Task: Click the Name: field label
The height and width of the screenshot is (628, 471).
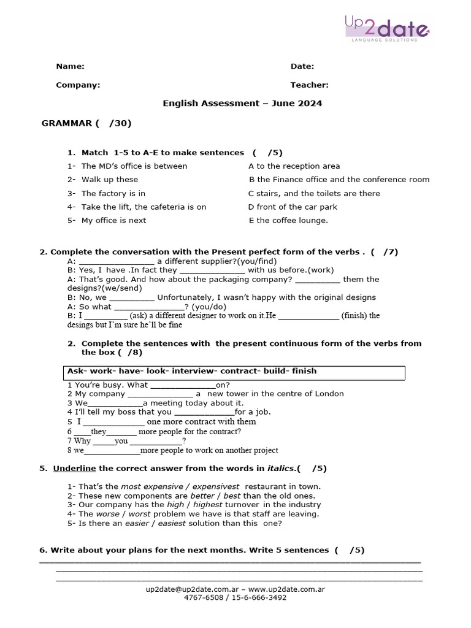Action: point(70,66)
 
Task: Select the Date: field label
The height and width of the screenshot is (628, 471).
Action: point(302,66)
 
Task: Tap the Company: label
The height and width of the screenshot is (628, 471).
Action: point(78,85)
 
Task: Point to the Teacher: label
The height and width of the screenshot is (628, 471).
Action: point(309,85)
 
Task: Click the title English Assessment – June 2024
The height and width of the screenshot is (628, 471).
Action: point(242,104)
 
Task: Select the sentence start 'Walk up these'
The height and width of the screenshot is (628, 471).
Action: point(110,180)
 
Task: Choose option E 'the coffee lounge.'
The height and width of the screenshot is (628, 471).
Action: point(288,220)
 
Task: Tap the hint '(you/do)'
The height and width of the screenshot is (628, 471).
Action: point(209,307)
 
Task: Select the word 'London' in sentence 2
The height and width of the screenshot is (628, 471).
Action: point(326,394)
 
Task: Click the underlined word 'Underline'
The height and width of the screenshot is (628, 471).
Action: point(74,469)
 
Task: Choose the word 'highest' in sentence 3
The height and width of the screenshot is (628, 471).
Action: point(213,505)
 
